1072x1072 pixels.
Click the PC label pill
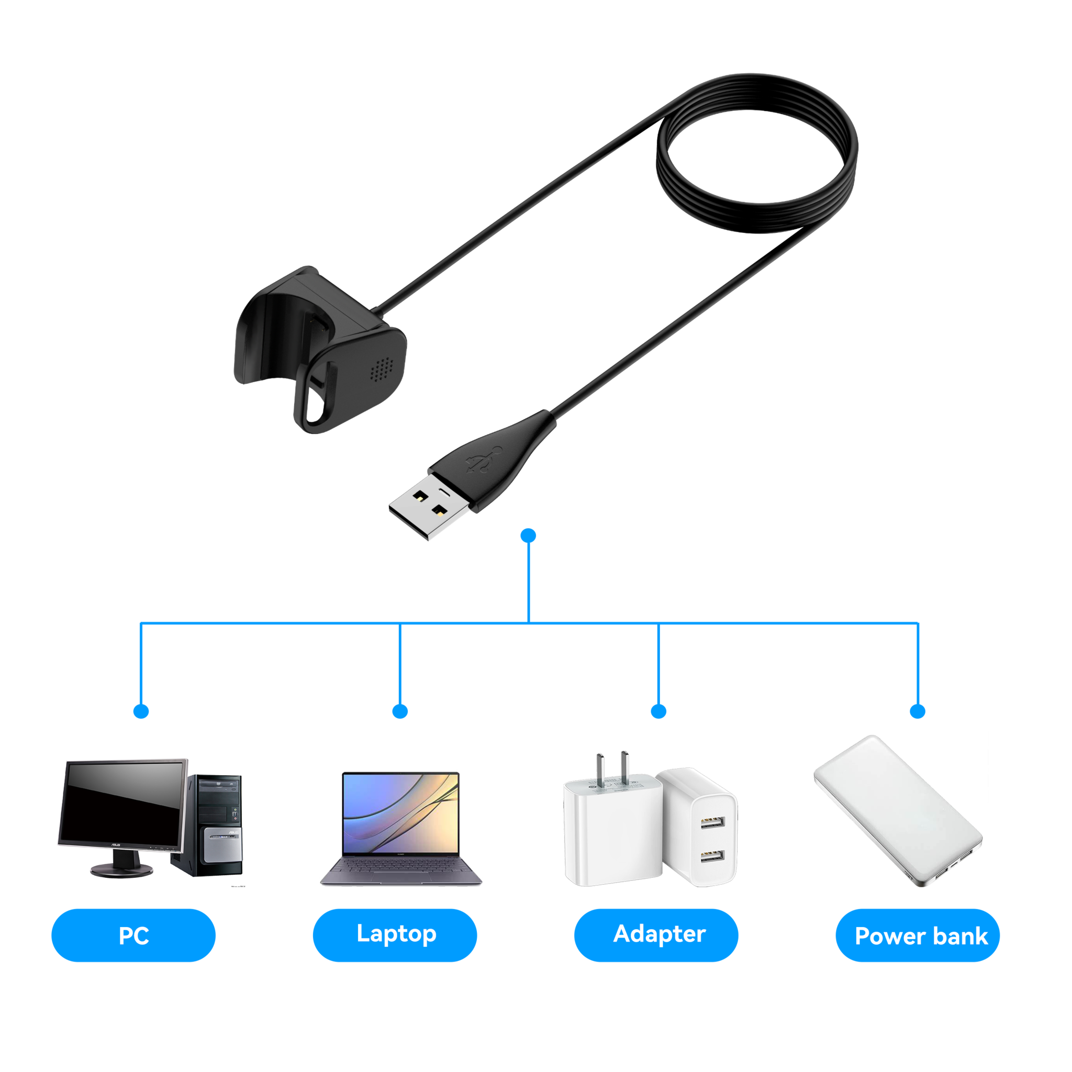pos(133,935)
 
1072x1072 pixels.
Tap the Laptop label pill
pos(395,934)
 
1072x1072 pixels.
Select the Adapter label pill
pos(656,934)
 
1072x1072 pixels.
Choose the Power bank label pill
pos(918,935)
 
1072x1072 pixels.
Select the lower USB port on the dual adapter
pos(712,856)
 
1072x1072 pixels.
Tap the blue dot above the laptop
pos(400,711)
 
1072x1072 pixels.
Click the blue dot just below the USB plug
pos(528,535)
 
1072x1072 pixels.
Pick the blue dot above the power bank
pos(918,711)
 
